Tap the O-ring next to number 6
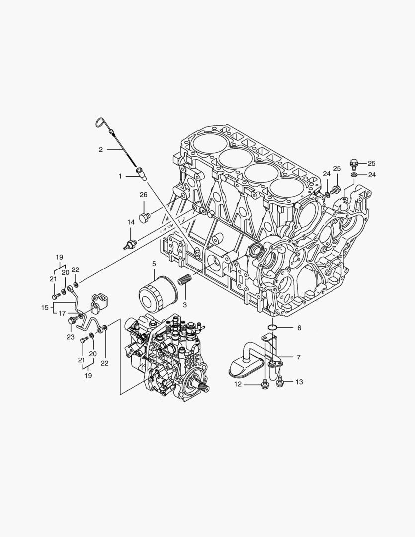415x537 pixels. point(272,327)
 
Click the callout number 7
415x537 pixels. point(298,357)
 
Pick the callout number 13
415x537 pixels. point(299,382)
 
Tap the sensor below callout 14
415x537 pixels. point(131,244)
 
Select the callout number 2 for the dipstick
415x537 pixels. point(100,149)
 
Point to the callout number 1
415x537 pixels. point(120,176)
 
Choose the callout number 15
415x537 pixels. point(44,308)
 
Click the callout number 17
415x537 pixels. point(62,313)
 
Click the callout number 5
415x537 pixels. point(154,263)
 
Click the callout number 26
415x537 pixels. point(143,194)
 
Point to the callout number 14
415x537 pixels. point(130,222)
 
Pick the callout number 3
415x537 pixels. point(184,304)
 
